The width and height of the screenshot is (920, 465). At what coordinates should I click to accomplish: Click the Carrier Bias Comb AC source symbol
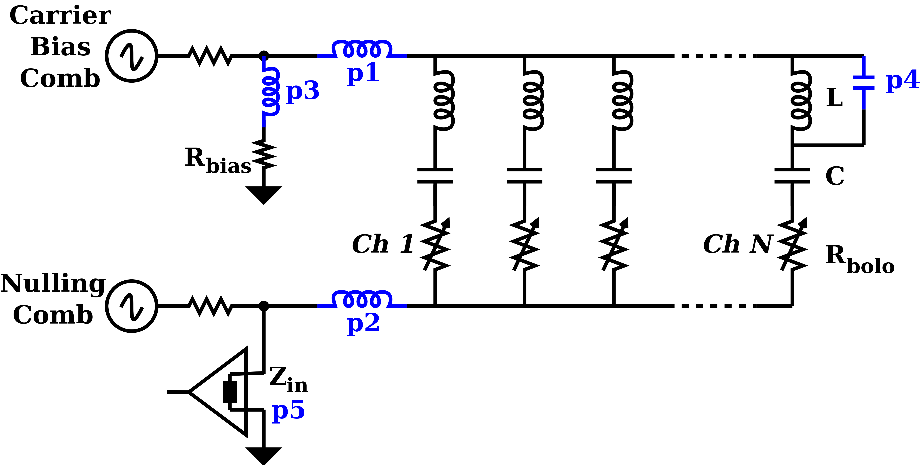pyautogui.click(x=131, y=56)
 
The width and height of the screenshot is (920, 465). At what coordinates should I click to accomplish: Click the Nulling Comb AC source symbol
pyautogui.click(x=131, y=306)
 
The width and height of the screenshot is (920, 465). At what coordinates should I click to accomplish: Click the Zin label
pyautogui.click(x=288, y=380)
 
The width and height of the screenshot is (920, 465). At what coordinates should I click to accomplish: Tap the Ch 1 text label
pyautogui.click(x=383, y=244)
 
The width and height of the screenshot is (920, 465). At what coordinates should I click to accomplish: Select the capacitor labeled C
pyautogui.click(x=792, y=175)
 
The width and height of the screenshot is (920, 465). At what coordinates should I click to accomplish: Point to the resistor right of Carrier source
pyautogui.click(x=211, y=56)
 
